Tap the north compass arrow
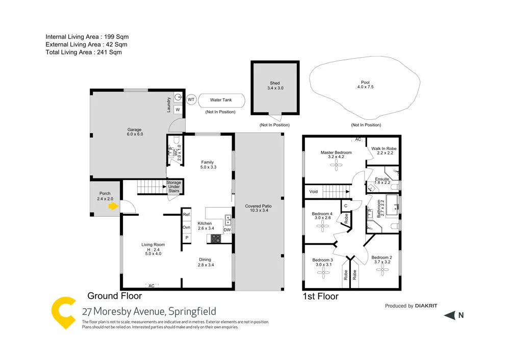[x=449, y=316]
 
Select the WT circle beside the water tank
[x=191, y=99]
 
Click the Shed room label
[x=275, y=86]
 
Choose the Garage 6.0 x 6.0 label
[x=135, y=132]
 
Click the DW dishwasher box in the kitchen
[x=227, y=229]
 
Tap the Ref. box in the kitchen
[x=187, y=215]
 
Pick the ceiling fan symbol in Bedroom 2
[x=381, y=272]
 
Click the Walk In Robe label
[x=384, y=151]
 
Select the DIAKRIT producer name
[x=426, y=306]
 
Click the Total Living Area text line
[x=84, y=52]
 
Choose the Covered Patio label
[x=258, y=208]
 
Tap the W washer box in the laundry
[x=178, y=110]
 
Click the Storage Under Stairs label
[x=173, y=186]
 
